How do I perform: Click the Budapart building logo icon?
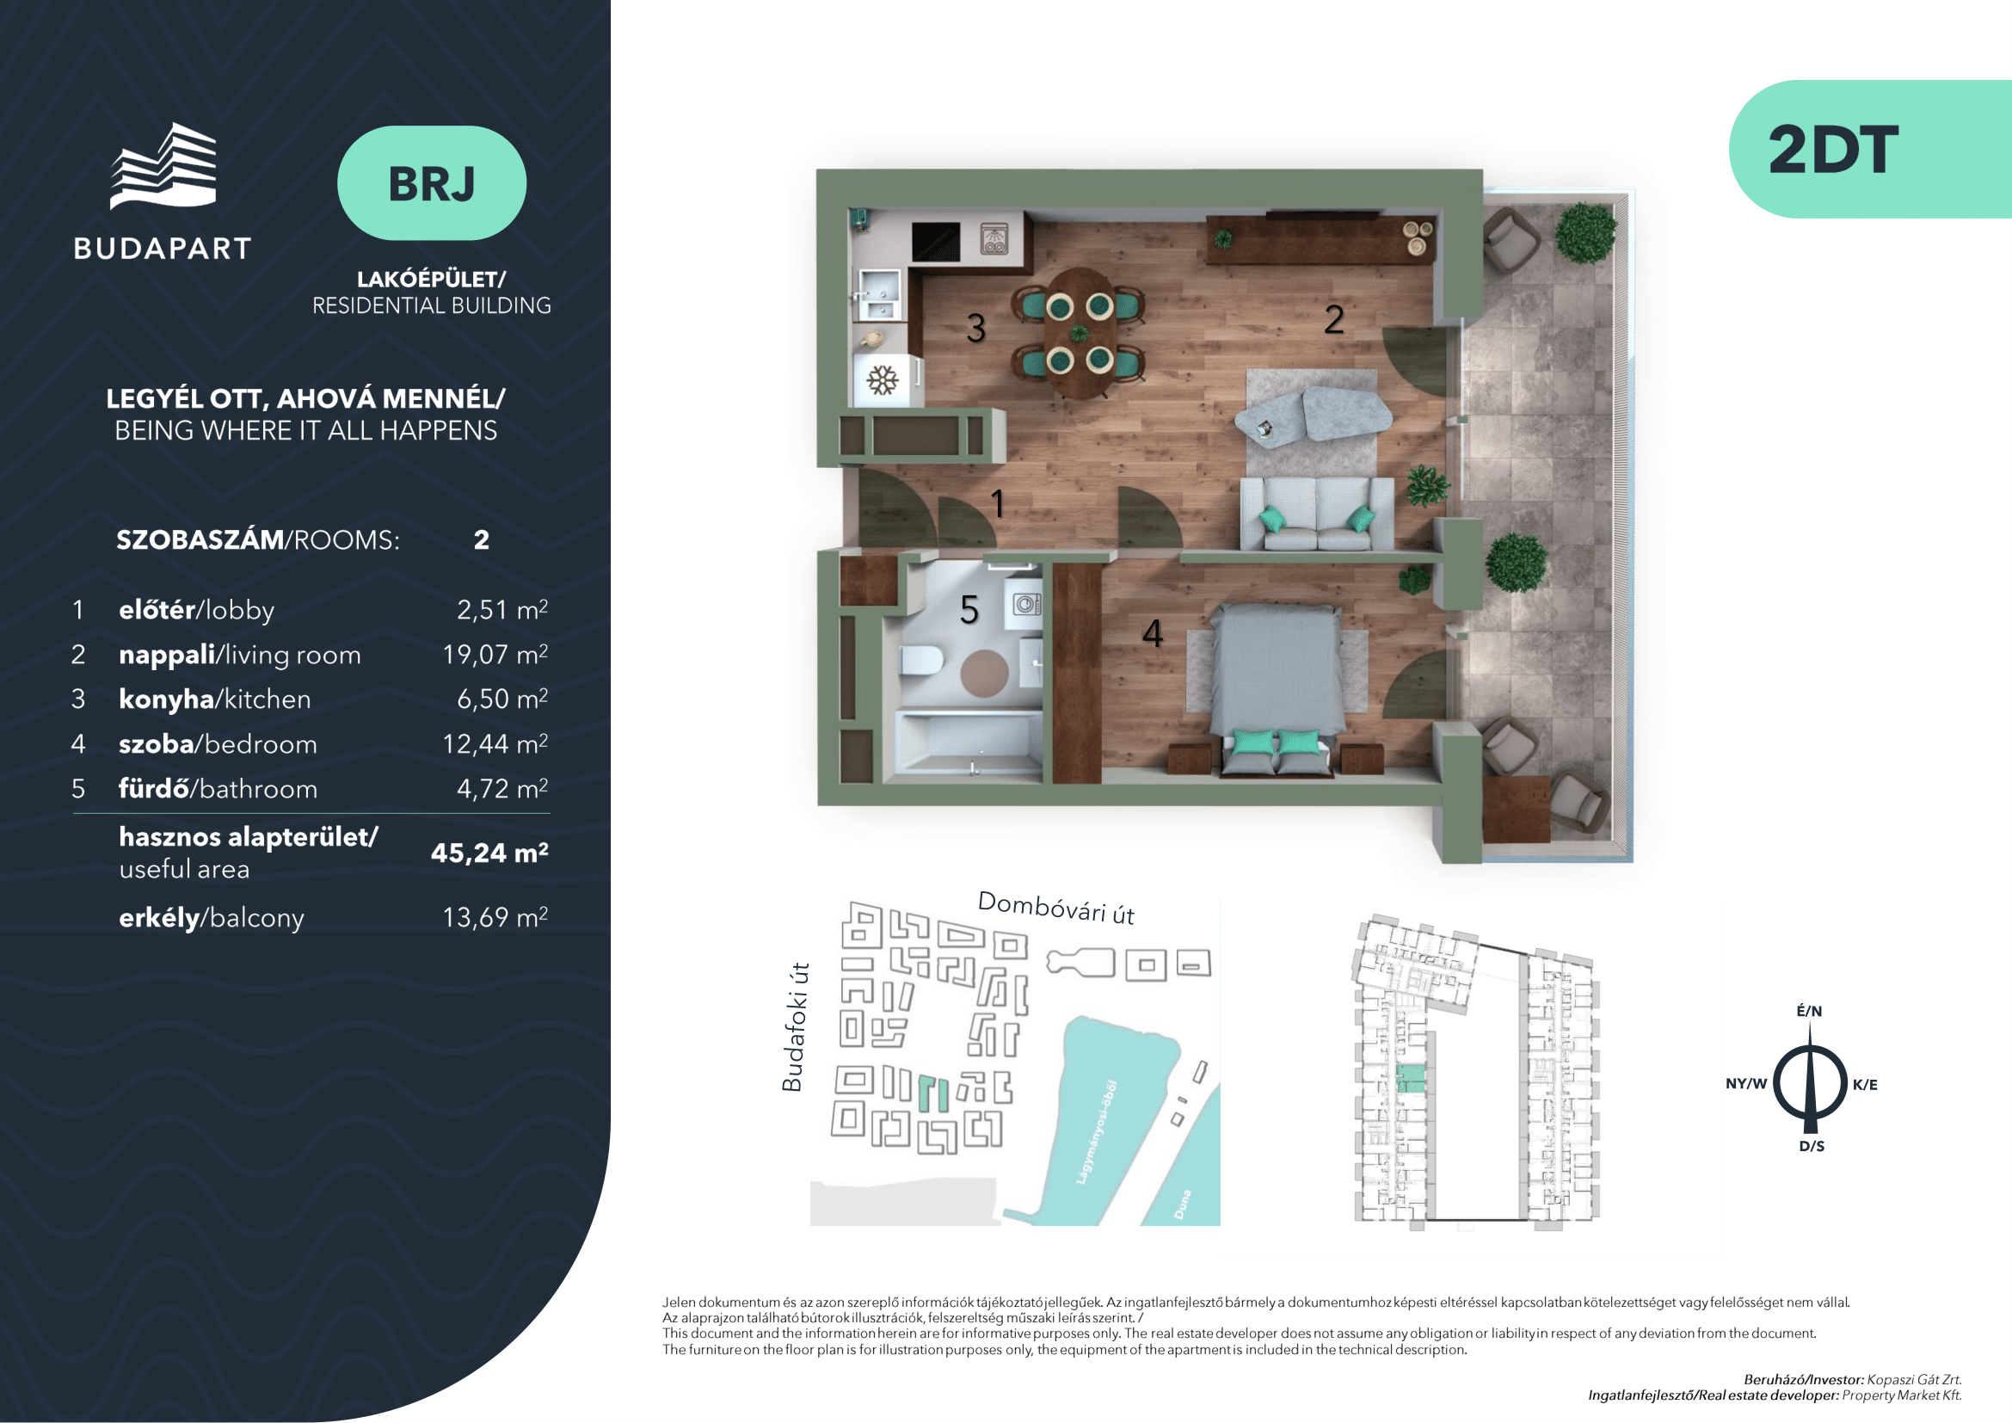click(163, 167)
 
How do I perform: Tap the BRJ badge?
click(432, 183)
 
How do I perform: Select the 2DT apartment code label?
click(1833, 150)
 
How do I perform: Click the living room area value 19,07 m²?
click(495, 655)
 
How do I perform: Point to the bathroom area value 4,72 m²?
click(502, 789)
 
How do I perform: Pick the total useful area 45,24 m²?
click(489, 853)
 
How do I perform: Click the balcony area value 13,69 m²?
click(495, 917)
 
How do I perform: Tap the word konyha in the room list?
click(167, 699)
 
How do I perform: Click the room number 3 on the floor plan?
click(976, 329)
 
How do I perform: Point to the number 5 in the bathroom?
click(969, 610)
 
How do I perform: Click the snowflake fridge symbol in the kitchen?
click(883, 380)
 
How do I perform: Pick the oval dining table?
click(1080, 333)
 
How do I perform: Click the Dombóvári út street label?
click(1056, 908)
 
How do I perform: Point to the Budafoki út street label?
click(793, 1027)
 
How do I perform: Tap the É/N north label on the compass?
click(1810, 1011)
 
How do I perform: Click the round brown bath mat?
click(984, 673)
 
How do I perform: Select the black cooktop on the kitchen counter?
click(935, 242)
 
